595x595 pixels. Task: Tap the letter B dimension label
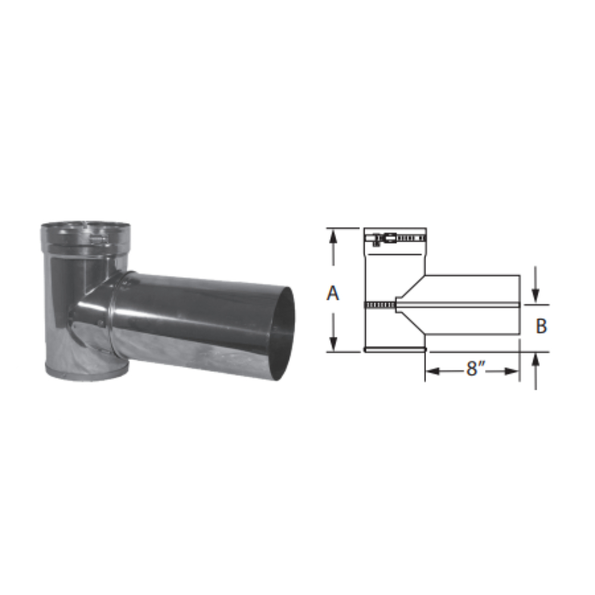(x=541, y=327)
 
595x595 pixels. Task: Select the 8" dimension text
(x=473, y=369)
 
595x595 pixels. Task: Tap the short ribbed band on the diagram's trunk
(x=380, y=305)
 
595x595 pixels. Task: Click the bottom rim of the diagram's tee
(x=395, y=350)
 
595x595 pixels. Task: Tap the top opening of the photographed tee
(x=84, y=227)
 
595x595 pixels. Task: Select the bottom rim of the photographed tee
(x=86, y=374)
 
